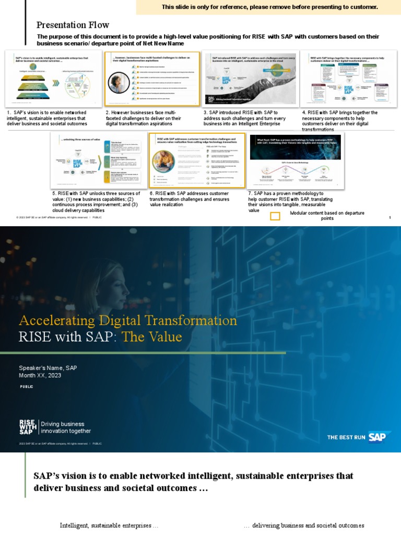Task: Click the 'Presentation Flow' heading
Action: point(73,25)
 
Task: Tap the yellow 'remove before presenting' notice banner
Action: point(269,7)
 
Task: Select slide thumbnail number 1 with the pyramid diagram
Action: point(53,78)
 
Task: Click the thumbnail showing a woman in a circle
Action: point(152,79)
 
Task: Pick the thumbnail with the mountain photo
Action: point(250,79)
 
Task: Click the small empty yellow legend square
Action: point(275,216)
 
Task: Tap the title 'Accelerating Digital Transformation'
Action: point(128,320)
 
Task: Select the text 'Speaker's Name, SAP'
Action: point(48,368)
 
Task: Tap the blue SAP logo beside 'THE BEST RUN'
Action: point(380,437)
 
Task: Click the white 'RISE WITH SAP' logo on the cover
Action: point(28,427)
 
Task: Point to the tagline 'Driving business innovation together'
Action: point(66,427)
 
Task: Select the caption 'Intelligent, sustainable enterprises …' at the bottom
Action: point(109,525)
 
